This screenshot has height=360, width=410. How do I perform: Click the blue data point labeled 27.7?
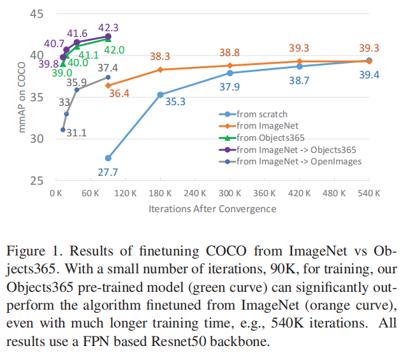click(108, 158)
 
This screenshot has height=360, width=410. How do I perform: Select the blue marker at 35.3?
click(160, 95)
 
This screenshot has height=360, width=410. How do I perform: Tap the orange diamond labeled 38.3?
click(160, 69)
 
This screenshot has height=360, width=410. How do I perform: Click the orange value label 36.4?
click(119, 93)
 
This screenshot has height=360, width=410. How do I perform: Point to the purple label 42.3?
click(108, 27)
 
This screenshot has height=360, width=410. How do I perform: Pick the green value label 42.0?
click(114, 50)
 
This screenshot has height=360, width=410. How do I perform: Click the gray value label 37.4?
click(108, 68)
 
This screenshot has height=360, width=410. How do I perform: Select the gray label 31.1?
click(77, 133)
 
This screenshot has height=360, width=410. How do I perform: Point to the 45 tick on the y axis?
click(36, 14)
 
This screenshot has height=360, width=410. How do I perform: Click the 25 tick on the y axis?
click(36, 180)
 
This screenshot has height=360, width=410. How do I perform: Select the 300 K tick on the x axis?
click(230, 193)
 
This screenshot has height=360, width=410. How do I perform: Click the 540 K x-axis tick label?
click(369, 193)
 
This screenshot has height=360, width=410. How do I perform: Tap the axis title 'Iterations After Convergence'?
click(212, 209)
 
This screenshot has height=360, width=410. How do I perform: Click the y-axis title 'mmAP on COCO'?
click(22, 97)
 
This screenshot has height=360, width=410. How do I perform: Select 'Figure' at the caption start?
click(26, 251)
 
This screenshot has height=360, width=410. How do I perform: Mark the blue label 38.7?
click(299, 80)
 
